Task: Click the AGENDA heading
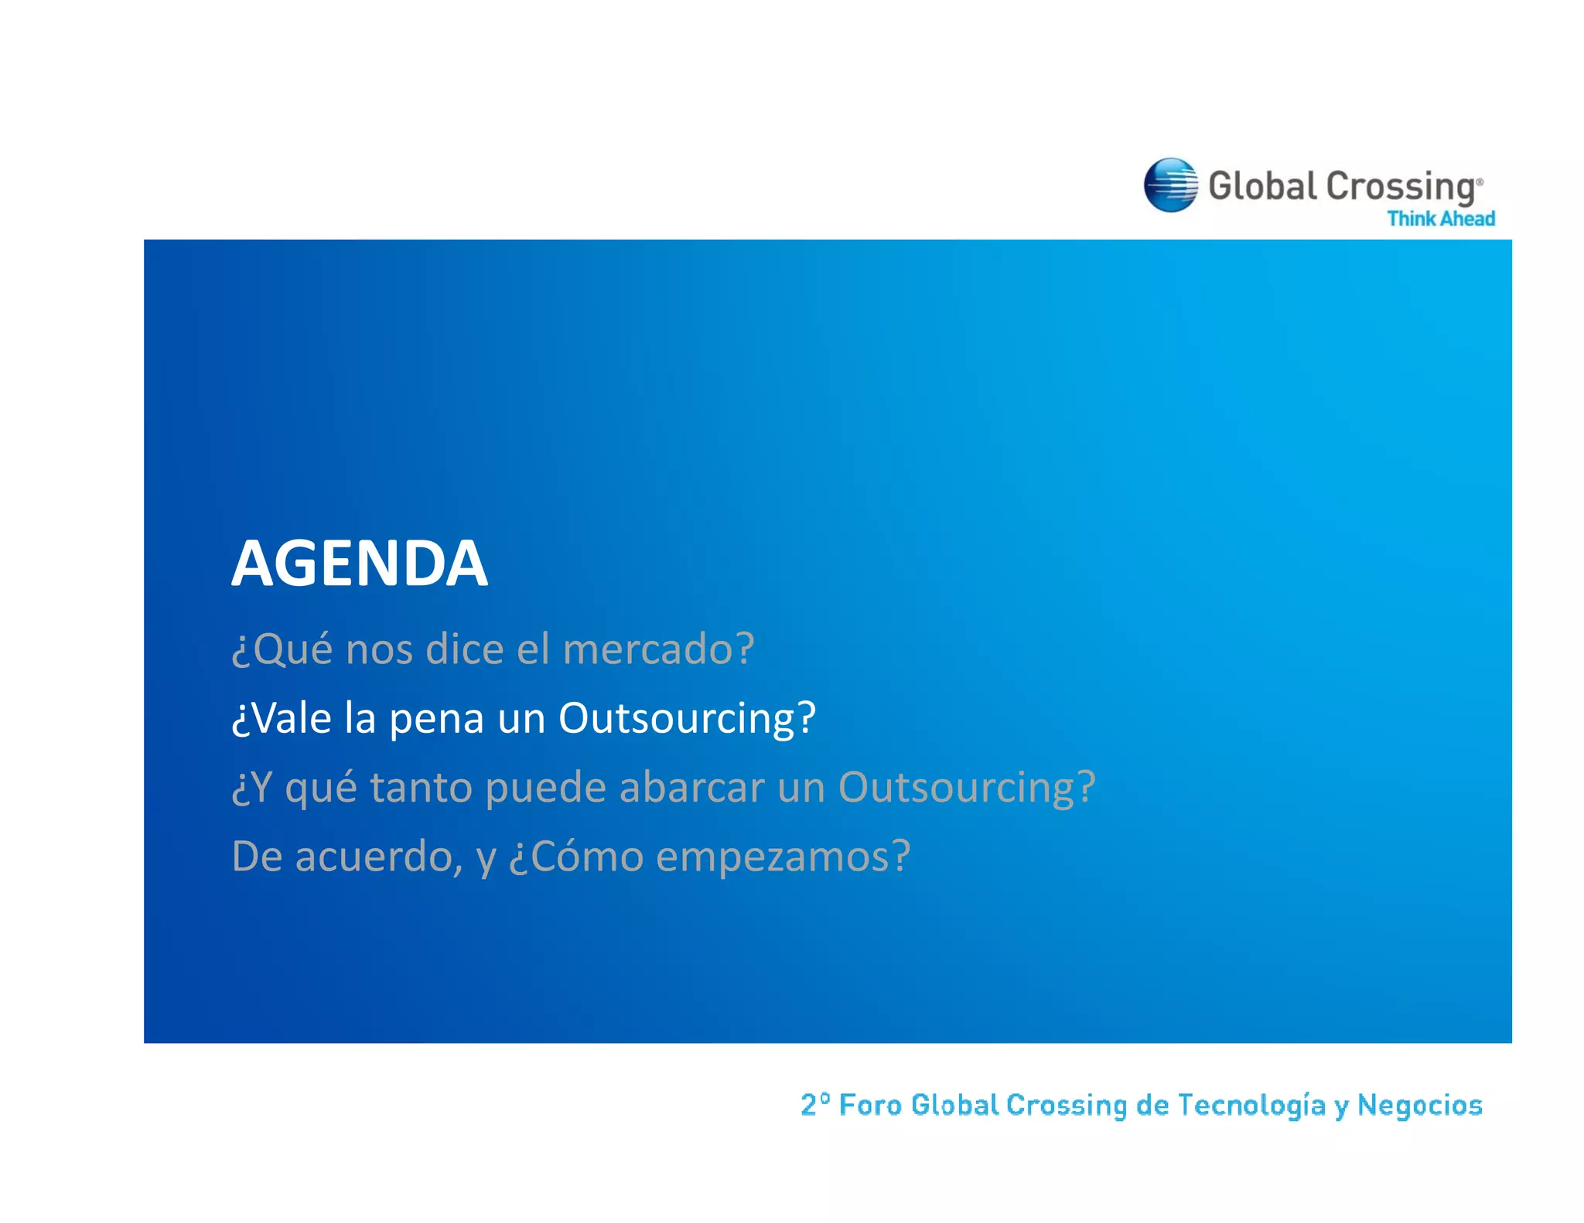pos(360,564)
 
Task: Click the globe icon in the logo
pos(1170,185)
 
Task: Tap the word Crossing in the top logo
pos(1401,187)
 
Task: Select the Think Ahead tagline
pos(1440,219)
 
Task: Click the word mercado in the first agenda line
pos(657,649)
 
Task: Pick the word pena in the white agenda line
pos(436,718)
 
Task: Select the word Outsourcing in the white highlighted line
pos(686,718)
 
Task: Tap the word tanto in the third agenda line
pos(421,788)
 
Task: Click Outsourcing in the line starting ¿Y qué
pos(966,788)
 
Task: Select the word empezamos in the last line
pos(782,857)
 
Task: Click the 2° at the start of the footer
pos(815,1104)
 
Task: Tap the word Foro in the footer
pos(870,1105)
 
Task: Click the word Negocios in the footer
pos(1419,1105)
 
